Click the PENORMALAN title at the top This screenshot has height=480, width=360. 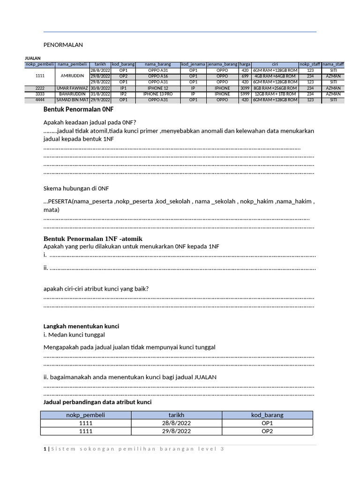point(63,45)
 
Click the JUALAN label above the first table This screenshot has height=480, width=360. point(33,58)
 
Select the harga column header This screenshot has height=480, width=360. point(245,64)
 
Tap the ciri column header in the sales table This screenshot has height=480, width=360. point(275,64)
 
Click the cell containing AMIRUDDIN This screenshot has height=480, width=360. point(71,76)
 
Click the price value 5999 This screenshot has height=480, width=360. point(245,94)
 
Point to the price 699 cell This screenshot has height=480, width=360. point(245,76)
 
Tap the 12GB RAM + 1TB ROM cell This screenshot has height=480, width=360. point(275,94)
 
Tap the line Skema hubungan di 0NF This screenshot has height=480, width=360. point(76,188)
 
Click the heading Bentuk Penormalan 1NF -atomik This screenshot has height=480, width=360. point(92,239)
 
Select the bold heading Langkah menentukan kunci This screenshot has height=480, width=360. point(81,326)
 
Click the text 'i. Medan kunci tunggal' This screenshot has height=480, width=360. point(74,335)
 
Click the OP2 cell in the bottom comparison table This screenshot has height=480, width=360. point(267,431)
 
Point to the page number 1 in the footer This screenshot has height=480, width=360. point(45,450)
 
